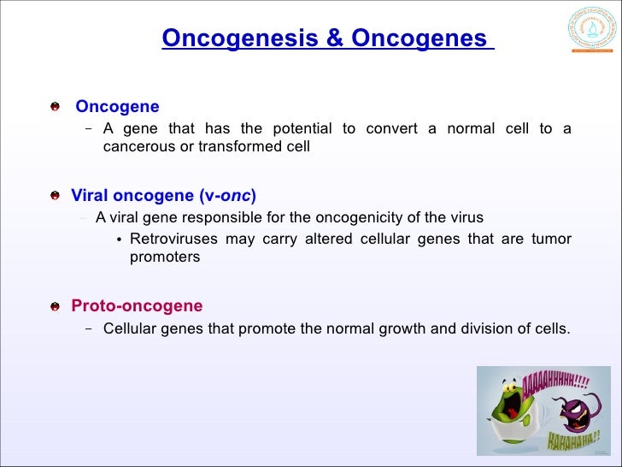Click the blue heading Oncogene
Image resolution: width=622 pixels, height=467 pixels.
[x=117, y=107]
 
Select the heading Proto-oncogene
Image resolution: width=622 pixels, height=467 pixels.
[x=137, y=305]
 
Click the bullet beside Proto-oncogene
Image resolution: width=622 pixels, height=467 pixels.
[x=55, y=306]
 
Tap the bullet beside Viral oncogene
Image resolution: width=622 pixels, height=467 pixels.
[x=55, y=195]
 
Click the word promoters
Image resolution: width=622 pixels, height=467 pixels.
[x=165, y=257]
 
